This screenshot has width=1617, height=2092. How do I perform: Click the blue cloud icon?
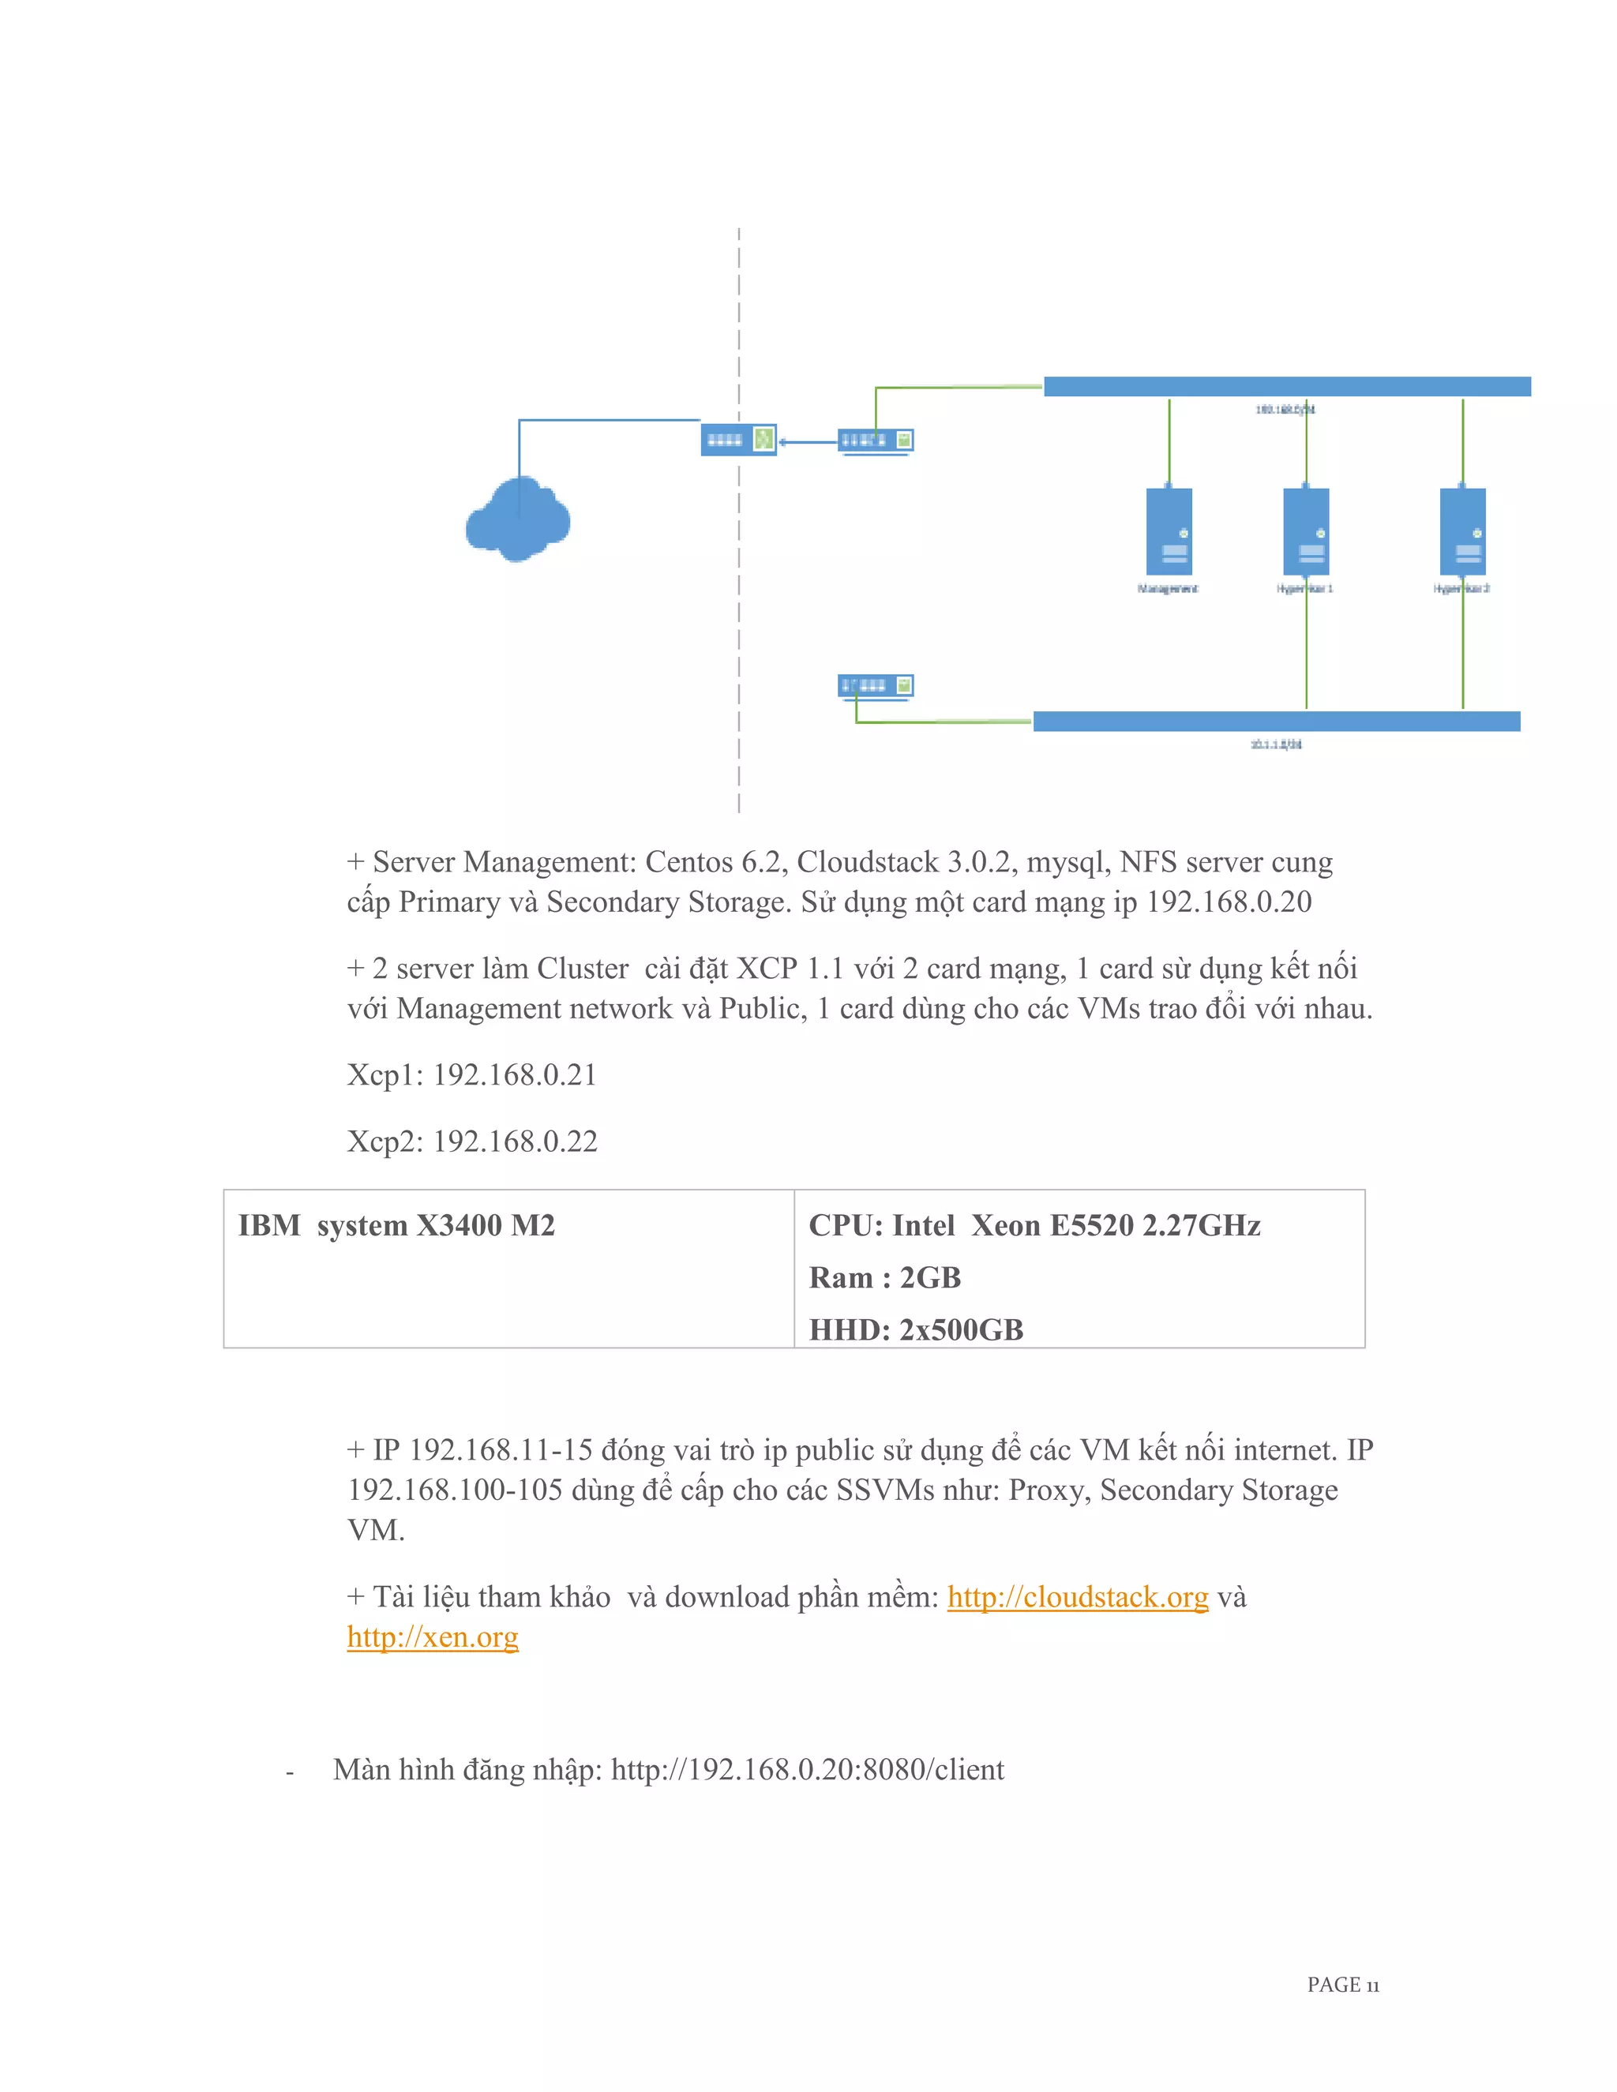pos(517,519)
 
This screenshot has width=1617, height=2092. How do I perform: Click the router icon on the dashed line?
pos(737,440)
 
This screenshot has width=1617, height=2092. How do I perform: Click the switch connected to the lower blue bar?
pos(876,686)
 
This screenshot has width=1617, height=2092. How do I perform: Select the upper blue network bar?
pos(1286,386)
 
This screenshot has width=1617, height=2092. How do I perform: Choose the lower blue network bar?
pos(1276,722)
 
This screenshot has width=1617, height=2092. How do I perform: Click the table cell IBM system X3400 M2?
pos(396,1226)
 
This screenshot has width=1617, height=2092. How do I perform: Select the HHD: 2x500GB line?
pos(916,1329)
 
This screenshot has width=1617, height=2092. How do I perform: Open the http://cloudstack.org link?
pos(1078,1598)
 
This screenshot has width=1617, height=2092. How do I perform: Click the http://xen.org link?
pos(432,1637)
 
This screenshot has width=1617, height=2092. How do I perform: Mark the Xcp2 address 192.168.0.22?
pos(515,1142)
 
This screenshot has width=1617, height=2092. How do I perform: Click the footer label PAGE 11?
pos(1343,1985)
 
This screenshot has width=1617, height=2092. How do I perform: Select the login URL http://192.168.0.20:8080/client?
pos(808,1770)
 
